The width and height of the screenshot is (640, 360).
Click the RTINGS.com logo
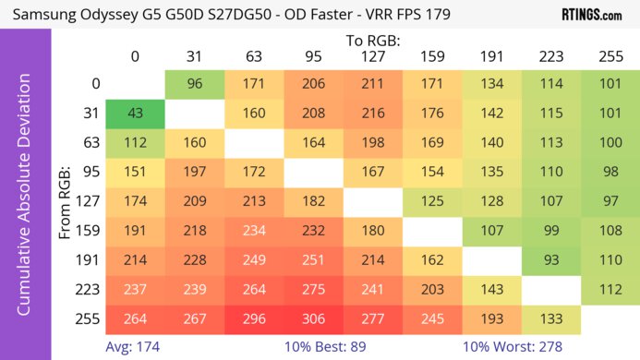click(591, 15)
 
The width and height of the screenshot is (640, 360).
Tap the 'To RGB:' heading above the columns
click(373, 41)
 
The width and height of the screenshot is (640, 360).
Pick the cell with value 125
click(432, 200)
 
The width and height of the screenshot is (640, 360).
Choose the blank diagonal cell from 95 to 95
click(314, 172)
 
